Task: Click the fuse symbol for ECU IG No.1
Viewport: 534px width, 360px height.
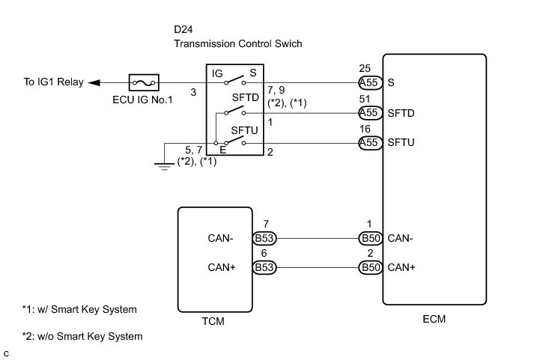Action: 143,82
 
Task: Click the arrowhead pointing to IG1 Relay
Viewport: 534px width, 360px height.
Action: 95,82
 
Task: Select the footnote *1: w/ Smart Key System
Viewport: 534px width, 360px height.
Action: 79,309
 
